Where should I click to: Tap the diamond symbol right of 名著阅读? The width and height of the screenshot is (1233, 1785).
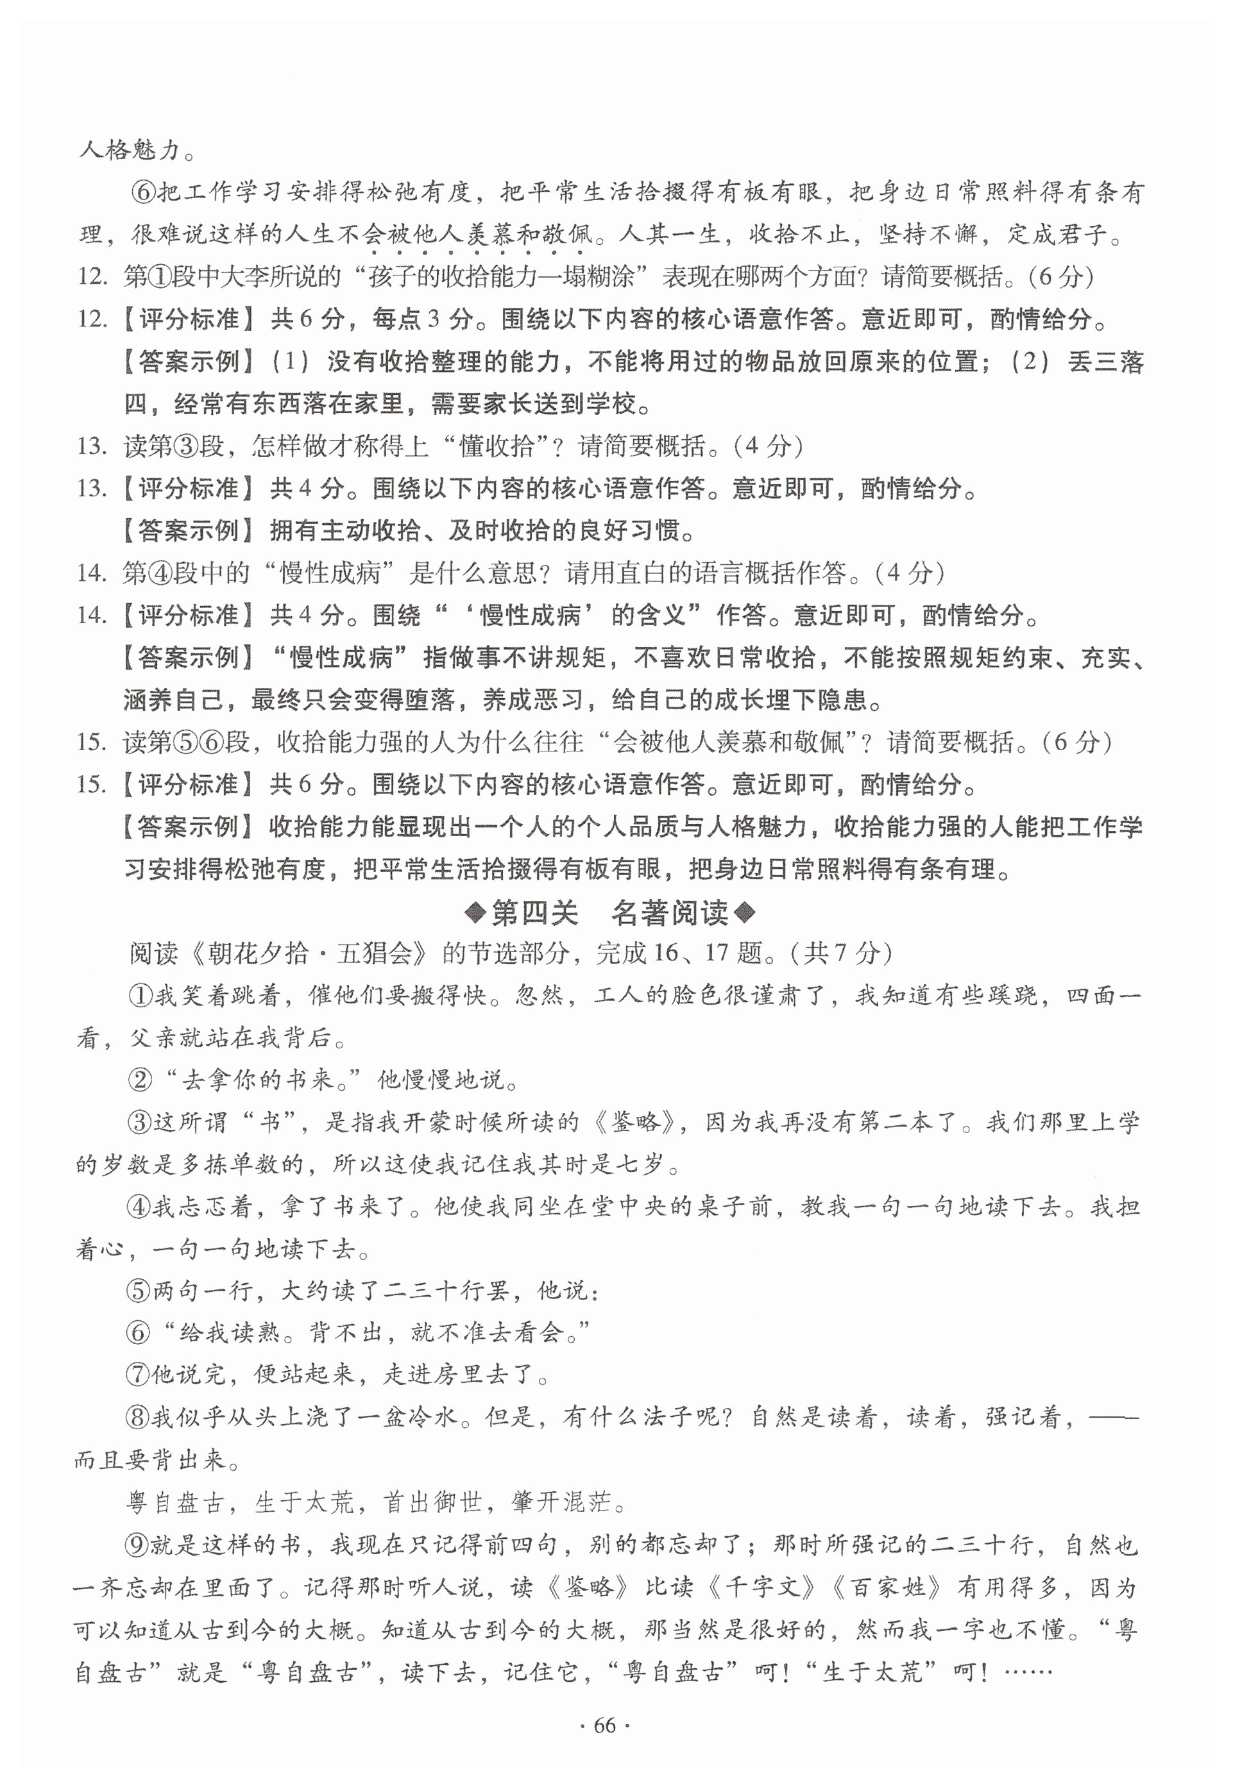(x=745, y=914)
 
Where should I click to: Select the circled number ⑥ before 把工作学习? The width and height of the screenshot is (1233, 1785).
(x=144, y=192)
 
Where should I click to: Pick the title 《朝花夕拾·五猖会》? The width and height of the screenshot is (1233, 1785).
(x=309, y=953)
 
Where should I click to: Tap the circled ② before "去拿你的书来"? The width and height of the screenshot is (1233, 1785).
(x=140, y=1079)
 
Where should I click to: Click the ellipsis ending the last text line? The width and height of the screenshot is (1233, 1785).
(x=1029, y=1671)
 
